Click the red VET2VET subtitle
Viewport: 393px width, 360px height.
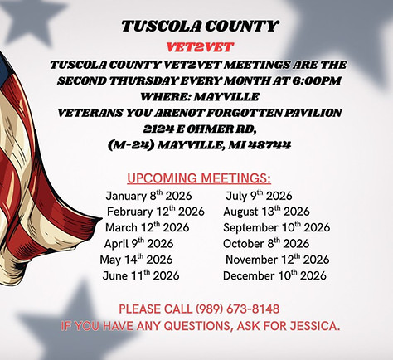pos(196,46)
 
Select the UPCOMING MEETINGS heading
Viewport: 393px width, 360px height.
pos(199,178)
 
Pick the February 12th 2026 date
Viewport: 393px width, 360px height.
pos(156,212)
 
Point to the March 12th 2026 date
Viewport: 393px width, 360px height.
pos(148,227)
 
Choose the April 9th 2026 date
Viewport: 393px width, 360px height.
pos(141,244)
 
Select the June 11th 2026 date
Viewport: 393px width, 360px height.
pos(141,275)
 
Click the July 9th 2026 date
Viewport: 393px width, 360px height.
pos(259,196)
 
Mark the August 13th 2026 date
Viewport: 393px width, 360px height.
pos(267,212)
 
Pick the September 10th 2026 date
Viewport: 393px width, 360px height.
pos(276,227)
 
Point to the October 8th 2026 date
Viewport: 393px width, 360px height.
pos(266,244)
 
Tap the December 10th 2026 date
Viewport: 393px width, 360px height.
pos(275,275)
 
